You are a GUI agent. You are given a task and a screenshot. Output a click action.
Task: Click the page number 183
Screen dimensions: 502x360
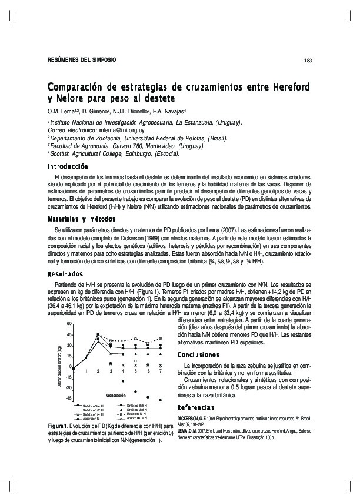[x=308, y=61]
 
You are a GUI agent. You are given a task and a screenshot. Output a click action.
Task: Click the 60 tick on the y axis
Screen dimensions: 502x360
[x=69, y=324]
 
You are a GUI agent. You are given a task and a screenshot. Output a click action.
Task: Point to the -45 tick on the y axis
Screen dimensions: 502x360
[x=68, y=399]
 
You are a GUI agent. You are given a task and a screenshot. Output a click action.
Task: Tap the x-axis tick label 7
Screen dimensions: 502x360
[x=161, y=372]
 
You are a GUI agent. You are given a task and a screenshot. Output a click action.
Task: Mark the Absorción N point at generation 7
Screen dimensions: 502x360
[x=161, y=400]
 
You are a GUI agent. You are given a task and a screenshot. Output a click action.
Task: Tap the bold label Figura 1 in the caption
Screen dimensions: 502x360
[x=61, y=426]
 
